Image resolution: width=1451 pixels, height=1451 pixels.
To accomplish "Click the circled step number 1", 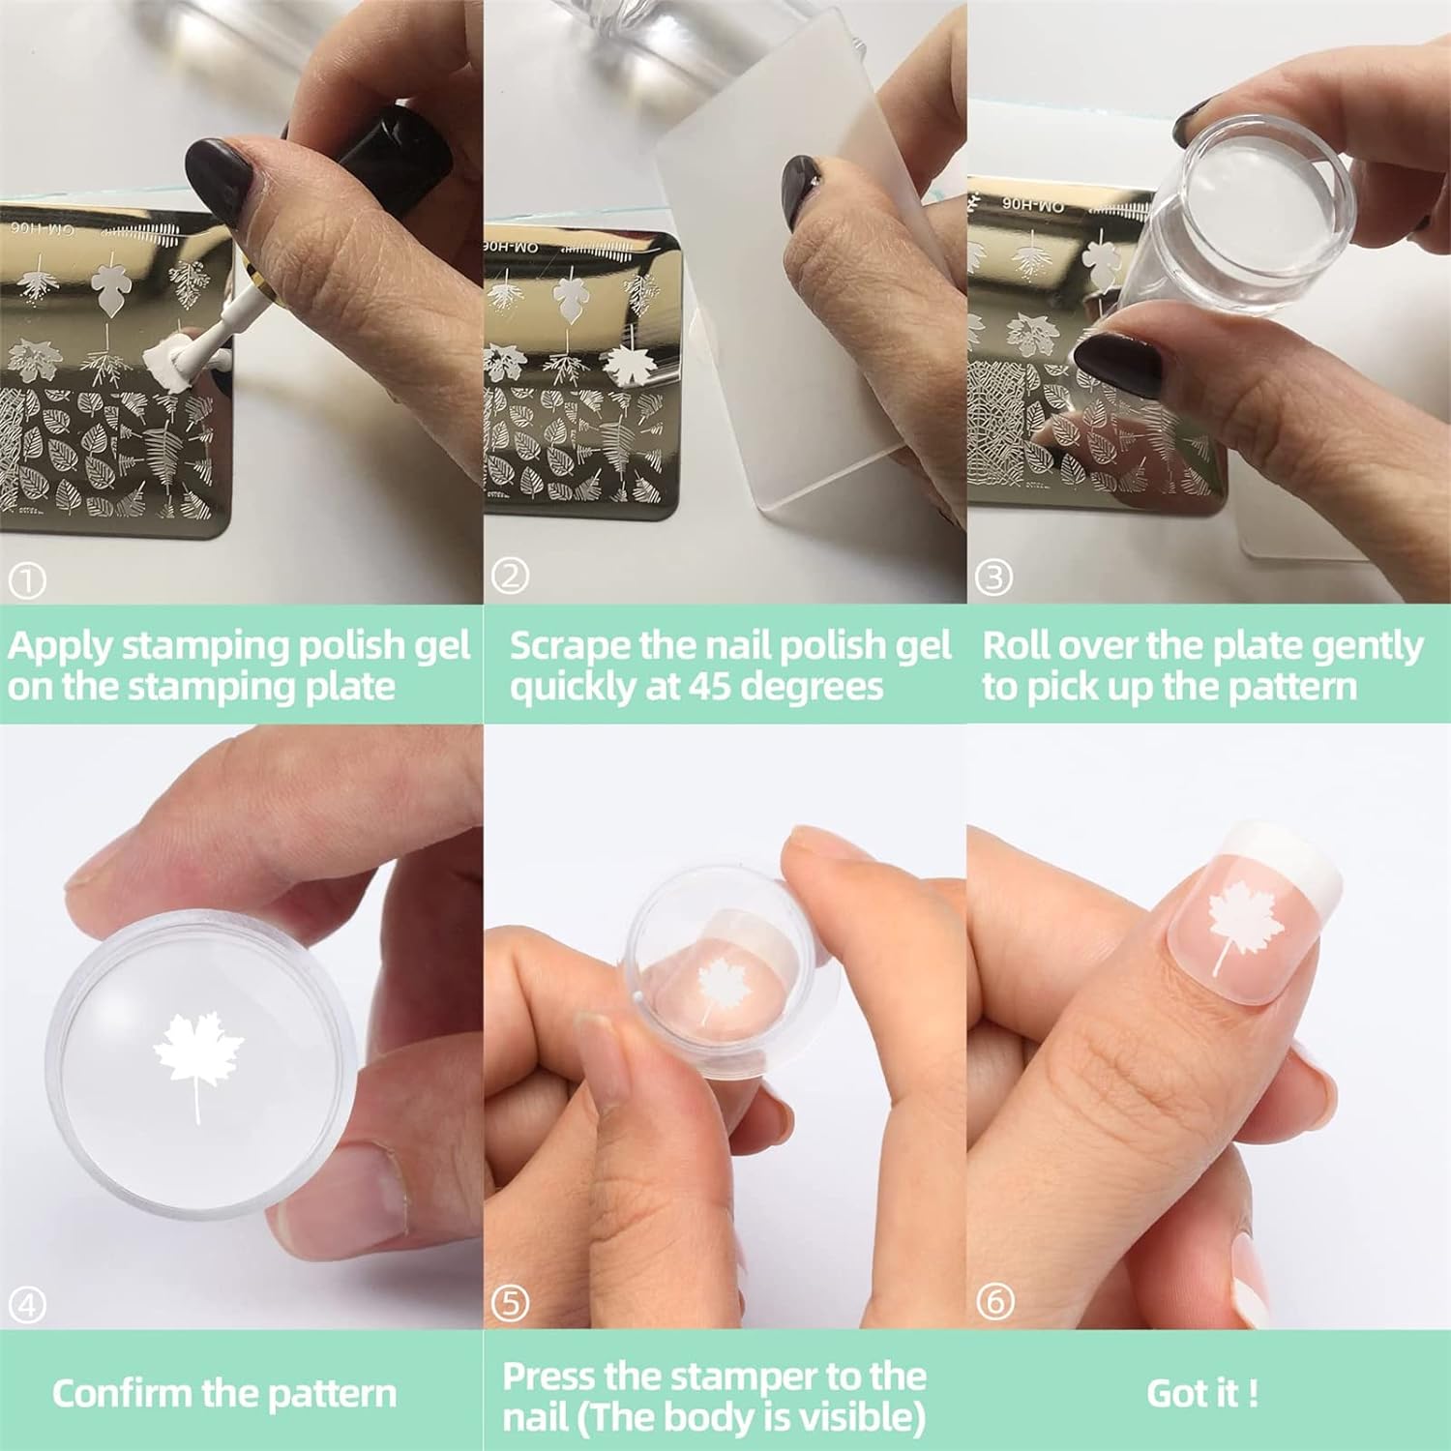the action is (x=27, y=580).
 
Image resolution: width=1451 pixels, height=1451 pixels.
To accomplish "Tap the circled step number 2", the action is (x=510, y=577).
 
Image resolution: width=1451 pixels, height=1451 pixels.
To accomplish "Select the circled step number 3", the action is (x=993, y=577).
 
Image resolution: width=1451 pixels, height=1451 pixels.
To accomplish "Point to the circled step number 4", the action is (x=27, y=1306).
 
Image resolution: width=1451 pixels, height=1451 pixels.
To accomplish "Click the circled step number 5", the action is (x=510, y=1303).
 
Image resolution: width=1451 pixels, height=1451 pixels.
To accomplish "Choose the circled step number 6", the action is (x=994, y=1302).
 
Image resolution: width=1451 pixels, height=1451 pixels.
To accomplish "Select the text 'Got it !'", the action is (x=1202, y=1393).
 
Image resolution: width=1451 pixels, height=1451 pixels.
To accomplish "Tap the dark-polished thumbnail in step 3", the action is (x=1118, y=365).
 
